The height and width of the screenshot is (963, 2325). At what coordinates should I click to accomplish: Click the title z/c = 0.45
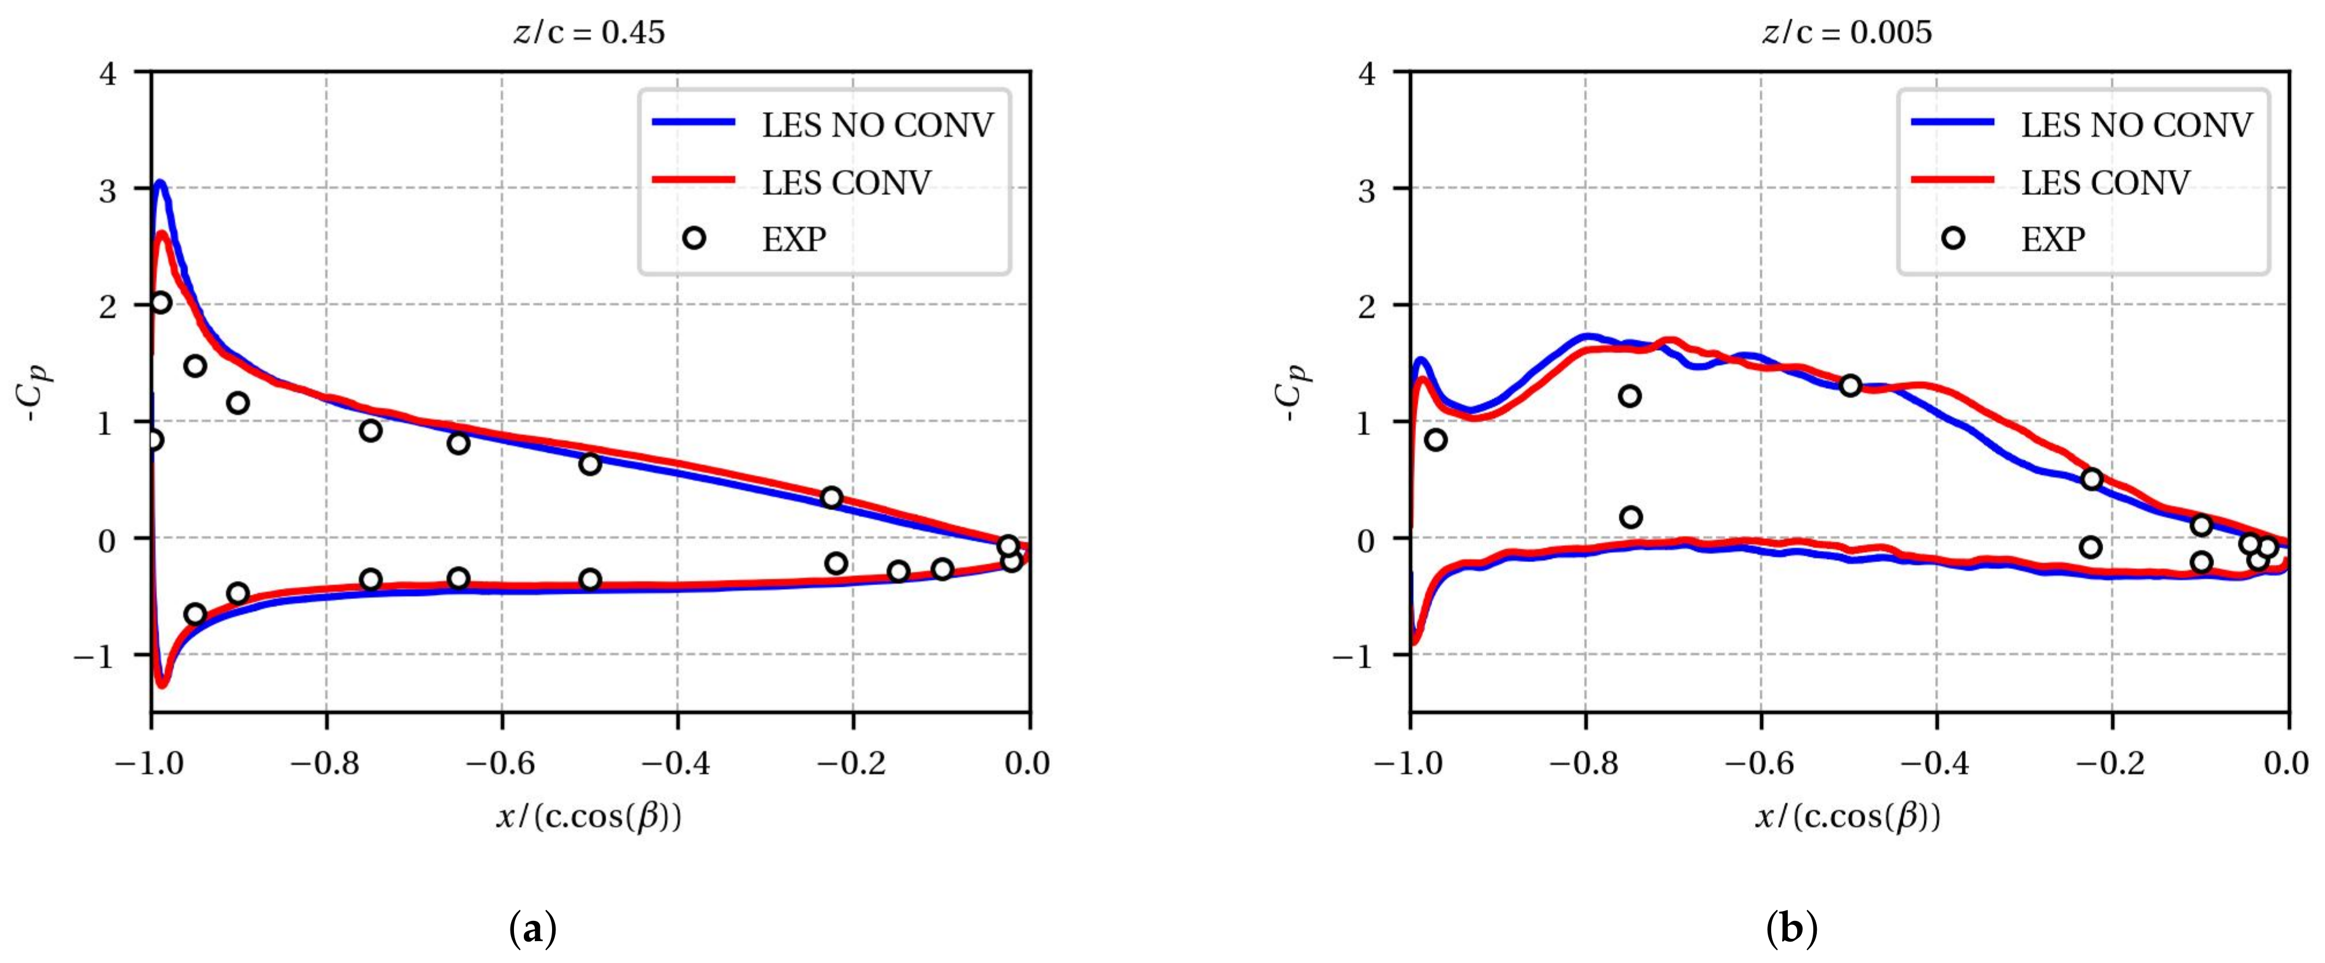[588, 32]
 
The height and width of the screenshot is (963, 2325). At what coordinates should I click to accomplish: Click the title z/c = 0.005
[1847, 32]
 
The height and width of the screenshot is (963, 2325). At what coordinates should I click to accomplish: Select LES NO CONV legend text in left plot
[877, 125]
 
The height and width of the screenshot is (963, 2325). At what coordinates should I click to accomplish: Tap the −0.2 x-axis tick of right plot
[2112, 764]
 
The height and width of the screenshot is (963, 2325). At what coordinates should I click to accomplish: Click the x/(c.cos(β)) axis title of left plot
[588, 817]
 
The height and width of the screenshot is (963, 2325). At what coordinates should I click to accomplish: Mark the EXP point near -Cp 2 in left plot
[161, 303]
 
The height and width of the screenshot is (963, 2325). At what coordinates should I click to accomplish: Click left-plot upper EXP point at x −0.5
[590, 464]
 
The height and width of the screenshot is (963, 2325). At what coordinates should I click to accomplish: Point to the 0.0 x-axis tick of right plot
[2287, 764]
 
